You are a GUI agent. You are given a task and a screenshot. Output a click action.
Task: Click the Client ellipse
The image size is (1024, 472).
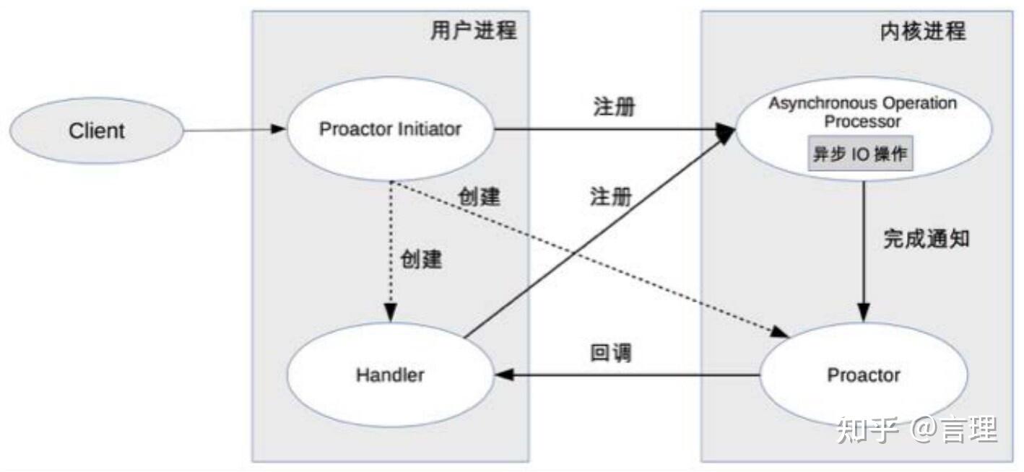[x=97, y=131]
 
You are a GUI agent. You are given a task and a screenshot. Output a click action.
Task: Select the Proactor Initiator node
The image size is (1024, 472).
[x=390, y=130]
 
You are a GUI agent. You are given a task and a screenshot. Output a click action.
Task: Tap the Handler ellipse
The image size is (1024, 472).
[x=390, y=375]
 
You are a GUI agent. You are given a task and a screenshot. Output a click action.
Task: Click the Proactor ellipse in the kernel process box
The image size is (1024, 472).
[x=864, y=375]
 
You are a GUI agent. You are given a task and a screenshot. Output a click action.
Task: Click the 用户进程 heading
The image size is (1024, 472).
[x=474, y=30]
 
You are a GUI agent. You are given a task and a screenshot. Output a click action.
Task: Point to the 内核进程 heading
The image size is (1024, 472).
[x=923, y=30]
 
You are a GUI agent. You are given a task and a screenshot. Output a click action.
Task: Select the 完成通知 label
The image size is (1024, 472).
[x=927, y=239]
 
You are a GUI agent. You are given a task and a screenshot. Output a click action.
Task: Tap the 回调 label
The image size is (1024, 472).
[x=611, y=353]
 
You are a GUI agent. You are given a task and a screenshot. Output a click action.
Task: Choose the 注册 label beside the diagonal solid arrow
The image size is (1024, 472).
[x=611, y=196]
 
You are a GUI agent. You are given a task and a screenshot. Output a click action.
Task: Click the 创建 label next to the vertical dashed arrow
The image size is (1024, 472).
[x=422, y=259]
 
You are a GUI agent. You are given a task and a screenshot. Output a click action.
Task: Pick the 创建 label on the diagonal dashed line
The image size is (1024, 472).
[x=480, y=196]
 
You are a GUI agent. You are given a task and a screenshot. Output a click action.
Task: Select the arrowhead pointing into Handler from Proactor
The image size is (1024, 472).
[x=503, y=375]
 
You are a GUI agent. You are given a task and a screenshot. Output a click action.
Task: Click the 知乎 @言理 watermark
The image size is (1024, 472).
[x=917, y=430]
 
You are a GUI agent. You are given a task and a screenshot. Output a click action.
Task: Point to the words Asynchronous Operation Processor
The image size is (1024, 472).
[x=862, y=112]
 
